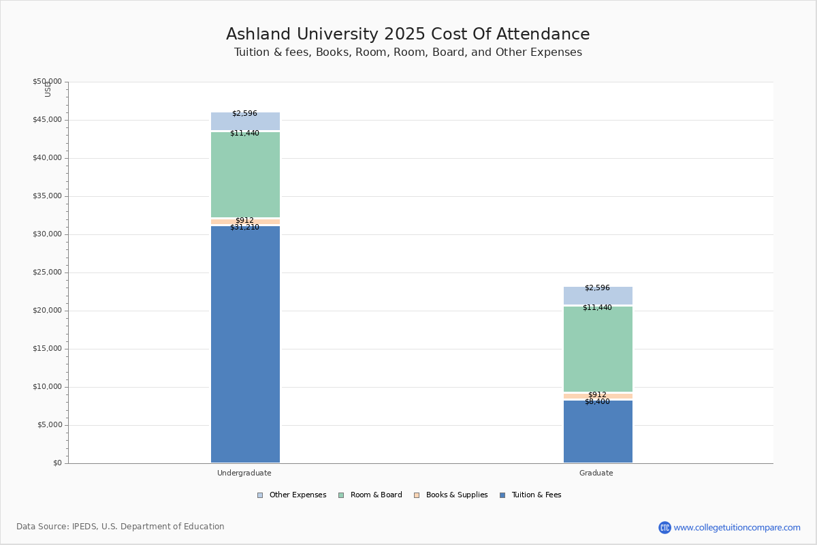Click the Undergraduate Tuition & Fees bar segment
(245, 344)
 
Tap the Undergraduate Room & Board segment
(245, 175)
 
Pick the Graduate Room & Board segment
(598, 349)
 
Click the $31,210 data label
(244, 228)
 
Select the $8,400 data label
(597, 402)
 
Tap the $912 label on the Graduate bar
(597, 394)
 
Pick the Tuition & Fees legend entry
(530, 495)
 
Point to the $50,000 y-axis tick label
(47, 82)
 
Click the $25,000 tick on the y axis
(47, 272)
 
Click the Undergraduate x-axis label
(244, 473)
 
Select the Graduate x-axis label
(596, 473)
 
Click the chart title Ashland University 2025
(408, 35)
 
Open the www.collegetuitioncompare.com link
(737, 527)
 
